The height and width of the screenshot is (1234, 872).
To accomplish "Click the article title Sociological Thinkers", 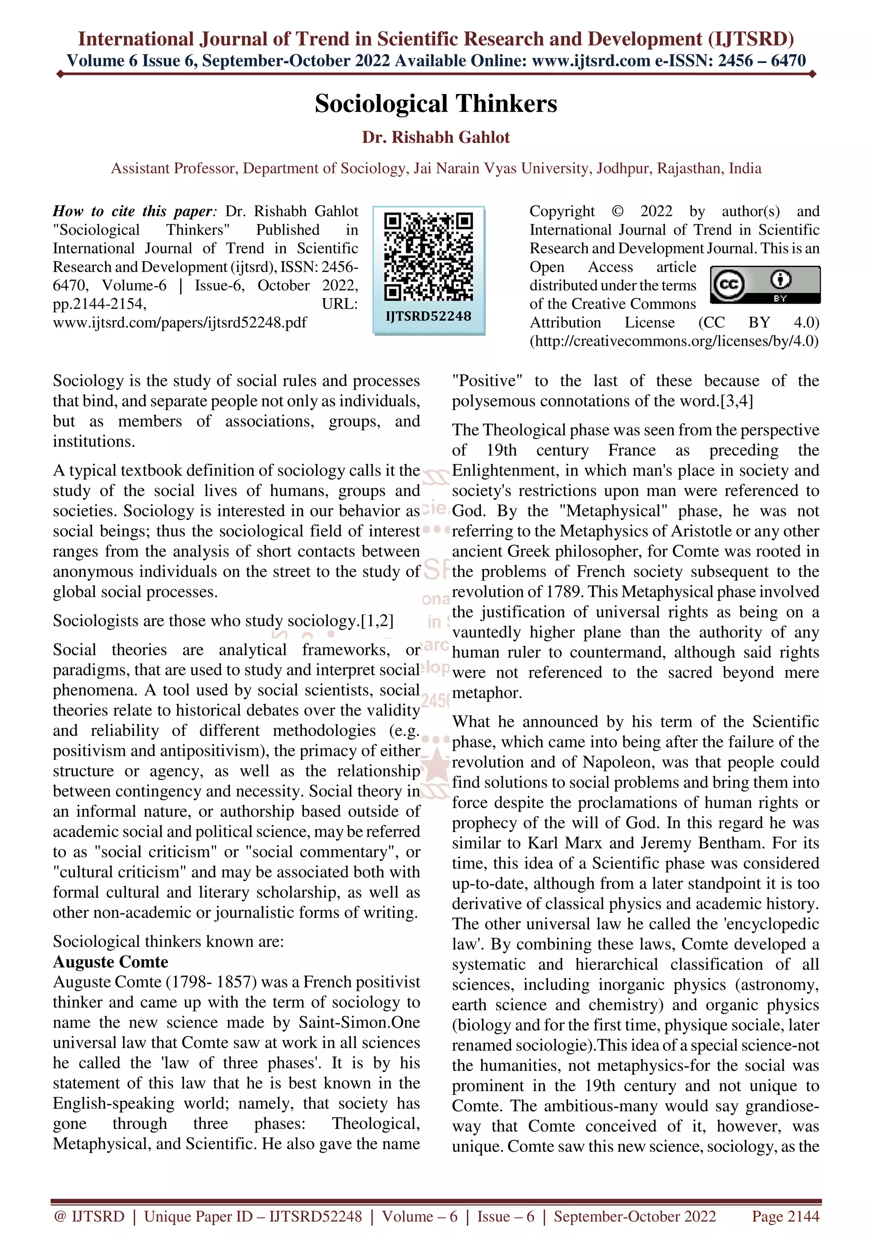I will pos(436,104).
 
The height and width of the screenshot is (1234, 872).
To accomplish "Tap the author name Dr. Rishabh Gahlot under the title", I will pos(436,138).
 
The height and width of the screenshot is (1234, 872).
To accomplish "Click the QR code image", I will pos(429,257).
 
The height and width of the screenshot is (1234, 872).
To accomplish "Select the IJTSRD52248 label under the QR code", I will pos(429,316).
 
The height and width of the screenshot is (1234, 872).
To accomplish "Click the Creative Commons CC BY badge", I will pos(765,285).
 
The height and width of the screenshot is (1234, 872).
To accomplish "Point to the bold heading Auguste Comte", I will pos(110,961).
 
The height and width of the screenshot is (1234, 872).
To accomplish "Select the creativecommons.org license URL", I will pos(674,341).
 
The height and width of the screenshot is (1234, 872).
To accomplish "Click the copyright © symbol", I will pos(617,211).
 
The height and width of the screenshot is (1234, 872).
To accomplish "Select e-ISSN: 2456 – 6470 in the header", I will pos(730,61).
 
